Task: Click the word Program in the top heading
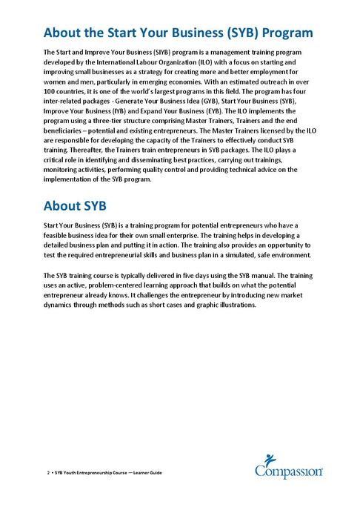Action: tap(279, 33)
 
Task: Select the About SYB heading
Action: tap(76, 205)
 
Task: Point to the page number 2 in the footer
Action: tap(47, 473)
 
